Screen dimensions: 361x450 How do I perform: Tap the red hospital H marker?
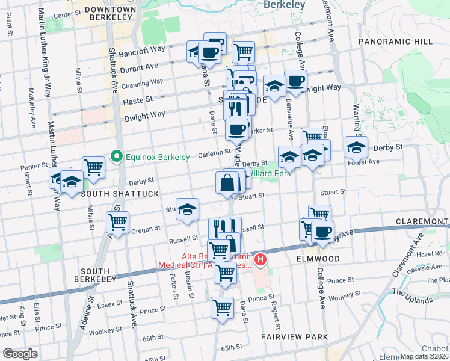(x=260, y=259)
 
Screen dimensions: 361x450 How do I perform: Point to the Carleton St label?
(x=215, y=152)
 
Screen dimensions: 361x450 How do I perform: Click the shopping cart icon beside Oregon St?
(x=117, y=222)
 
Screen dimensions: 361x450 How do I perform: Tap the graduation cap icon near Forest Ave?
(x=356, y=146)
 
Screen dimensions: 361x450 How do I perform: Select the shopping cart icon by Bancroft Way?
(x=243, y=51)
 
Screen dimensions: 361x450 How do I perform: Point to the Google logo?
(x=20, y=353)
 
